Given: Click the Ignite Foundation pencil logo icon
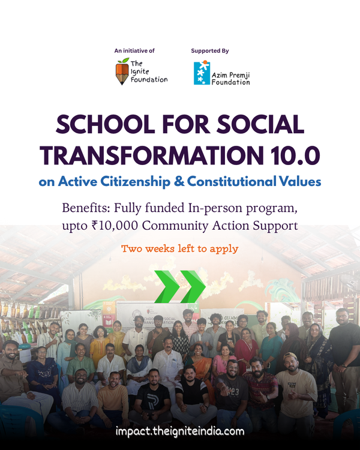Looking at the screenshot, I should [x=122, y=71].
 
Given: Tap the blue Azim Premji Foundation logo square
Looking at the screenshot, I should [x=202, y=73].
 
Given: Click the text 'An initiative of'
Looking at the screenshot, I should [x=134, y=51].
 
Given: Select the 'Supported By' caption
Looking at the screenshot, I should [x=209, y=51].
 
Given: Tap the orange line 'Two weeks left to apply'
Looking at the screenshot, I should [x=180, y=248].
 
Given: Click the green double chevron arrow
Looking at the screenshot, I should [x=180, y=287].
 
